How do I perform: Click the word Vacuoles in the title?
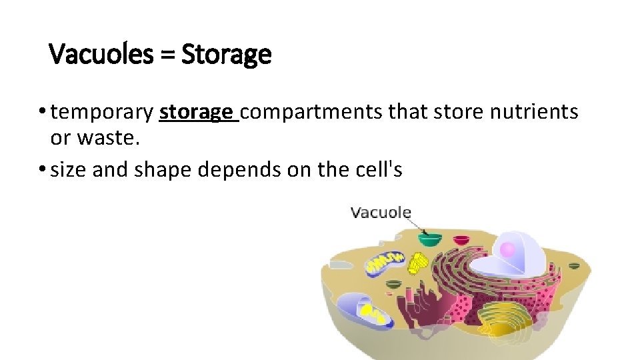click(100, 54)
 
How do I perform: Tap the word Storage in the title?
click(226, 54)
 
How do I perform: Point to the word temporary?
click(102, 113)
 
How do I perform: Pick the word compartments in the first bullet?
click(311, 112)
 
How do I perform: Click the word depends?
click(232, 170)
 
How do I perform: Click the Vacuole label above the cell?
click(381, 213)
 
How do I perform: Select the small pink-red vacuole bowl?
click(394, 284)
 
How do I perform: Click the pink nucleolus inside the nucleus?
click(507, 249)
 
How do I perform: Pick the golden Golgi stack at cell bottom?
click(503, 317)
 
